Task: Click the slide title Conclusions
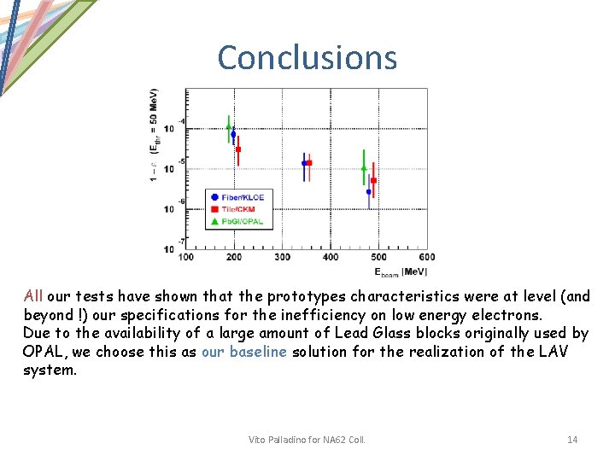307,57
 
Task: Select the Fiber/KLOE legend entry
237,197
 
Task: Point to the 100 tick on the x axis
185,257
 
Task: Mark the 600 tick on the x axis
427,257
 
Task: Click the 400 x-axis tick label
331,257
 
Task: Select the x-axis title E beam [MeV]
400,271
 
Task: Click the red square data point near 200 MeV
238,149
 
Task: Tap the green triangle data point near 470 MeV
364,168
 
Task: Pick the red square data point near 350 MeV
309,162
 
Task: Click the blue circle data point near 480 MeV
369,192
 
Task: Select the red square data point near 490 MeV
374,181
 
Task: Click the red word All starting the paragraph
33,296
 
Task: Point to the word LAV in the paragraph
553,352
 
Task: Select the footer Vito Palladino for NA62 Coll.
307,440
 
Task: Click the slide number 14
572,440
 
